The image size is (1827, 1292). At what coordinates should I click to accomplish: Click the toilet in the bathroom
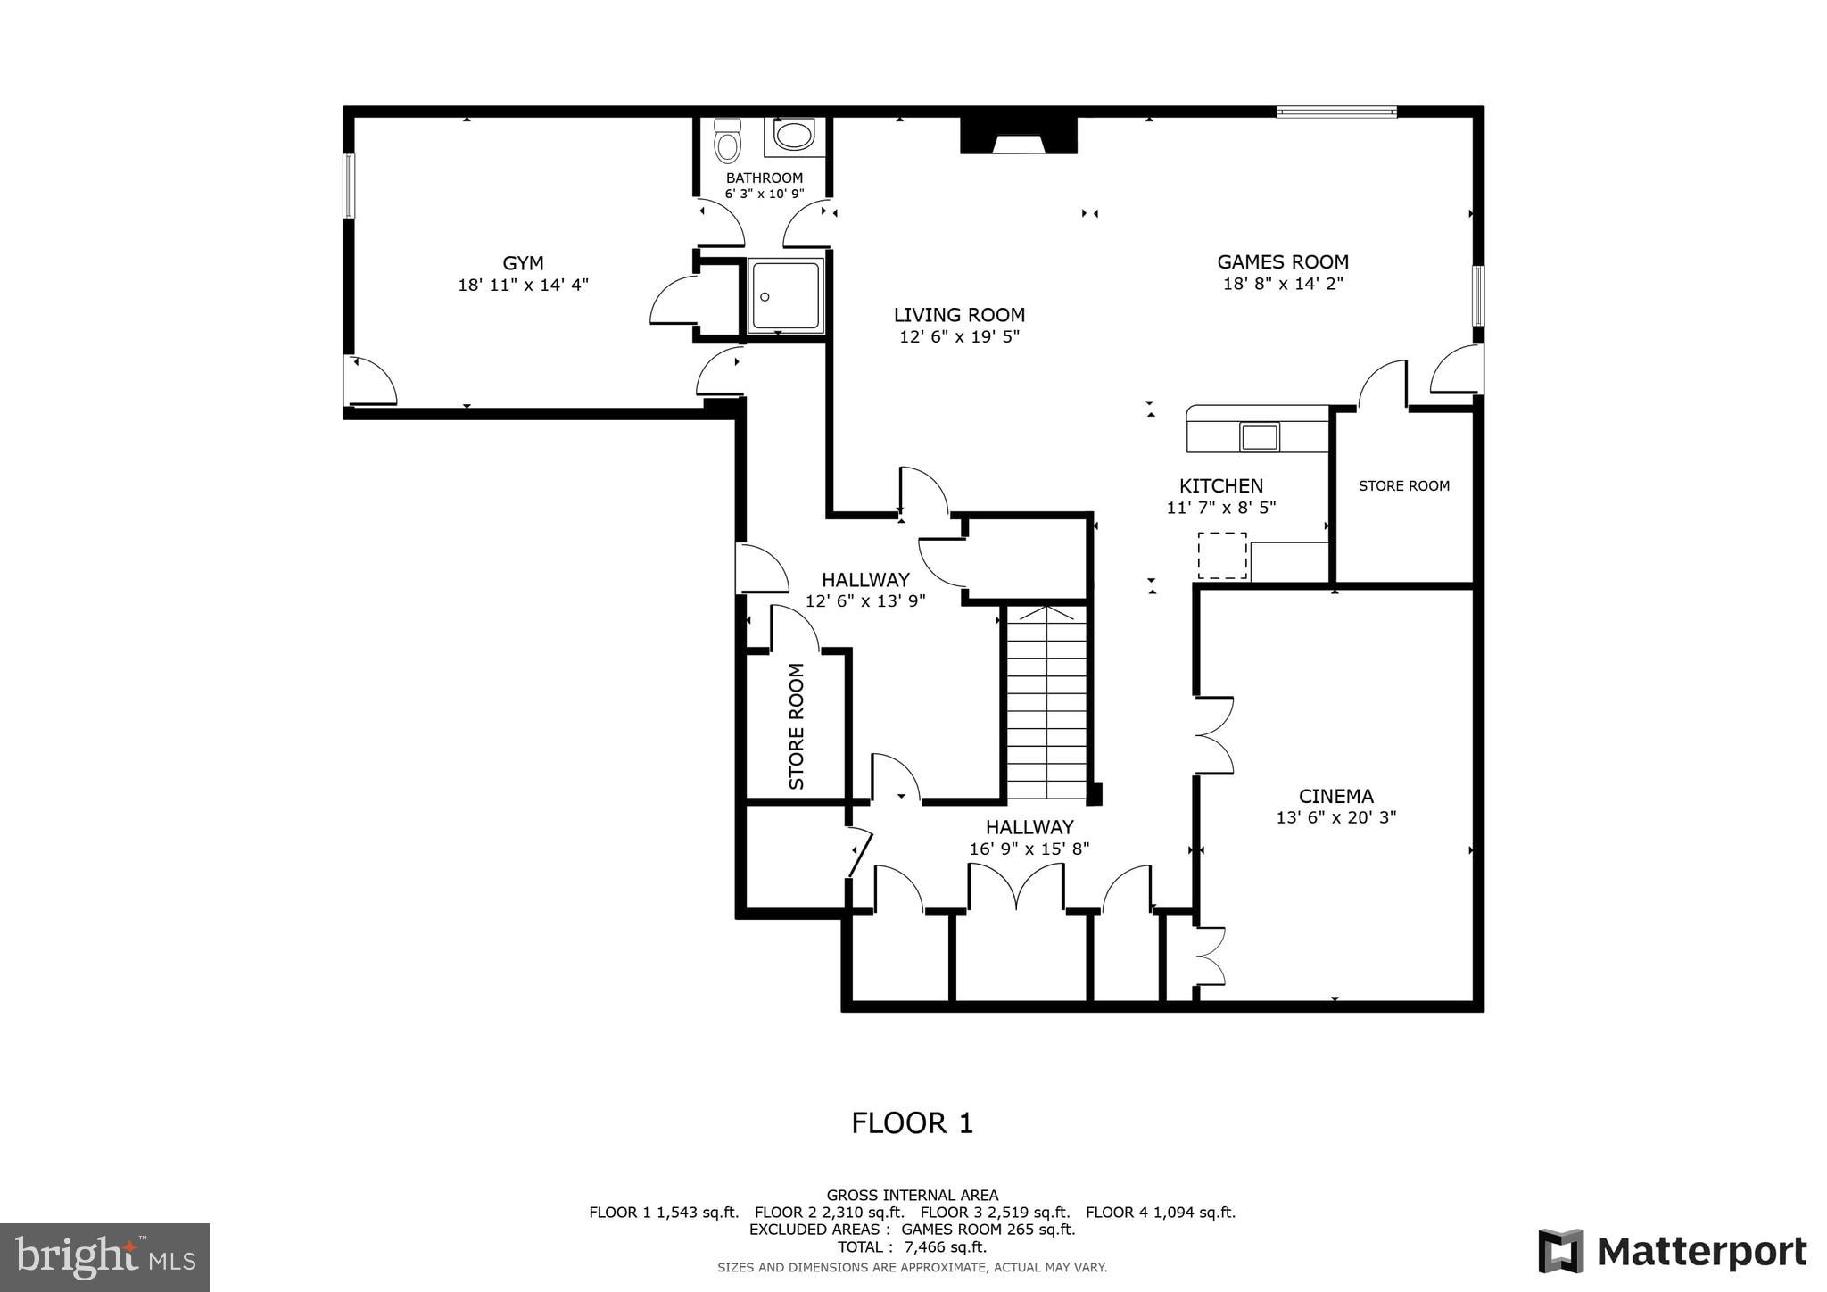[x=728, y=143]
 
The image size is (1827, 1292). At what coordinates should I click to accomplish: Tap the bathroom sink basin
[x=793, y=137]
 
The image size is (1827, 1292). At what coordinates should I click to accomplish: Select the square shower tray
[x=785, y=296]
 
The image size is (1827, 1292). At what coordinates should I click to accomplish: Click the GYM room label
[x=523, y=263]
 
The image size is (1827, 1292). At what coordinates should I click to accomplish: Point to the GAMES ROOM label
[x=1283, y=261]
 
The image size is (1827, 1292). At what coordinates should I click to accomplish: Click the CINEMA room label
[x=1335, y=796]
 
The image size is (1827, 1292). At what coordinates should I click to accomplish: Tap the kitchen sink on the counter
[x=1260, y=437]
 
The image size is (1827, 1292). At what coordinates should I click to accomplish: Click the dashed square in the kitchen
[x=1221, y=555]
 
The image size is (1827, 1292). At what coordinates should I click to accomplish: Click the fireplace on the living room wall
[x=1019, y=136]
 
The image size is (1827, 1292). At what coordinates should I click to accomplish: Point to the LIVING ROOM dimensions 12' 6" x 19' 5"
[x=959, y=336]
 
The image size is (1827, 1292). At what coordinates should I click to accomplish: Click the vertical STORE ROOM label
[x=797, y=726]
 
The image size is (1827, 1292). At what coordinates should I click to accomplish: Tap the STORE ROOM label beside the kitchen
[x=1403, y=485]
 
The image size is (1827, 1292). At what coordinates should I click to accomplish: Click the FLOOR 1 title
[x=912, y=1122]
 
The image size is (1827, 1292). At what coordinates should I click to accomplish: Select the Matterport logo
[x=1672, y=1251]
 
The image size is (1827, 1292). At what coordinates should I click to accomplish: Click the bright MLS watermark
[x=105, y=1257]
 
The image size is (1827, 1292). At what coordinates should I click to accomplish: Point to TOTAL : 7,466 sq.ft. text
[x=912, y=1246]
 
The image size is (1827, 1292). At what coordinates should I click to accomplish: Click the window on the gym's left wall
[x=350, y=186]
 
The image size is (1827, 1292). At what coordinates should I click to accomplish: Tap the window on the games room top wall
[x=1335, y=112]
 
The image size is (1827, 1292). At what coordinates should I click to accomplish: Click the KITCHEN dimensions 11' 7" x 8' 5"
[x=1220, y=507]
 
